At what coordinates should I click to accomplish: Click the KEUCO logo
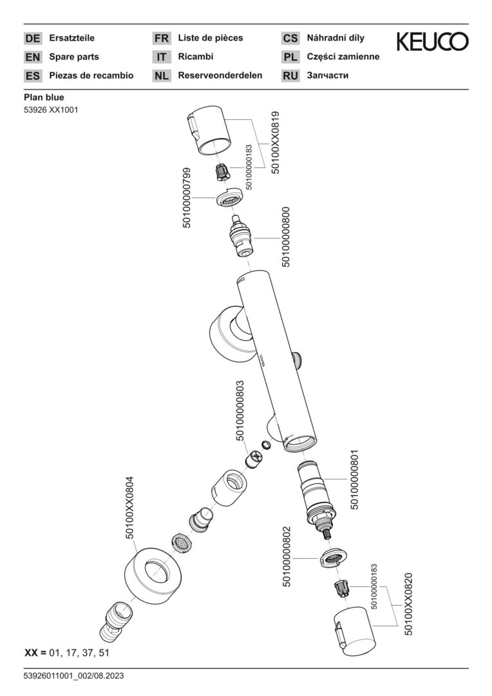click(x=432, y=42)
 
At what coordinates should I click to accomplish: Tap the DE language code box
click(x=32, y=38)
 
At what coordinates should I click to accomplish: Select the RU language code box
click(x=290, y=75)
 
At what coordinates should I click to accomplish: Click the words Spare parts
click(x=74, y=57)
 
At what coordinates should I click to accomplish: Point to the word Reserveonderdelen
click(x=220, y=75)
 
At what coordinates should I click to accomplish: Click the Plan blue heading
click(x=44, y=97)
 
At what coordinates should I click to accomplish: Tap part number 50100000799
click(x=187, y=197)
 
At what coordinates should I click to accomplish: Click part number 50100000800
click(x=287, y=237)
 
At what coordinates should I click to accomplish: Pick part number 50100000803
click(x=240, y=411)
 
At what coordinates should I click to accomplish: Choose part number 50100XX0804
click(x=129, y=507)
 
